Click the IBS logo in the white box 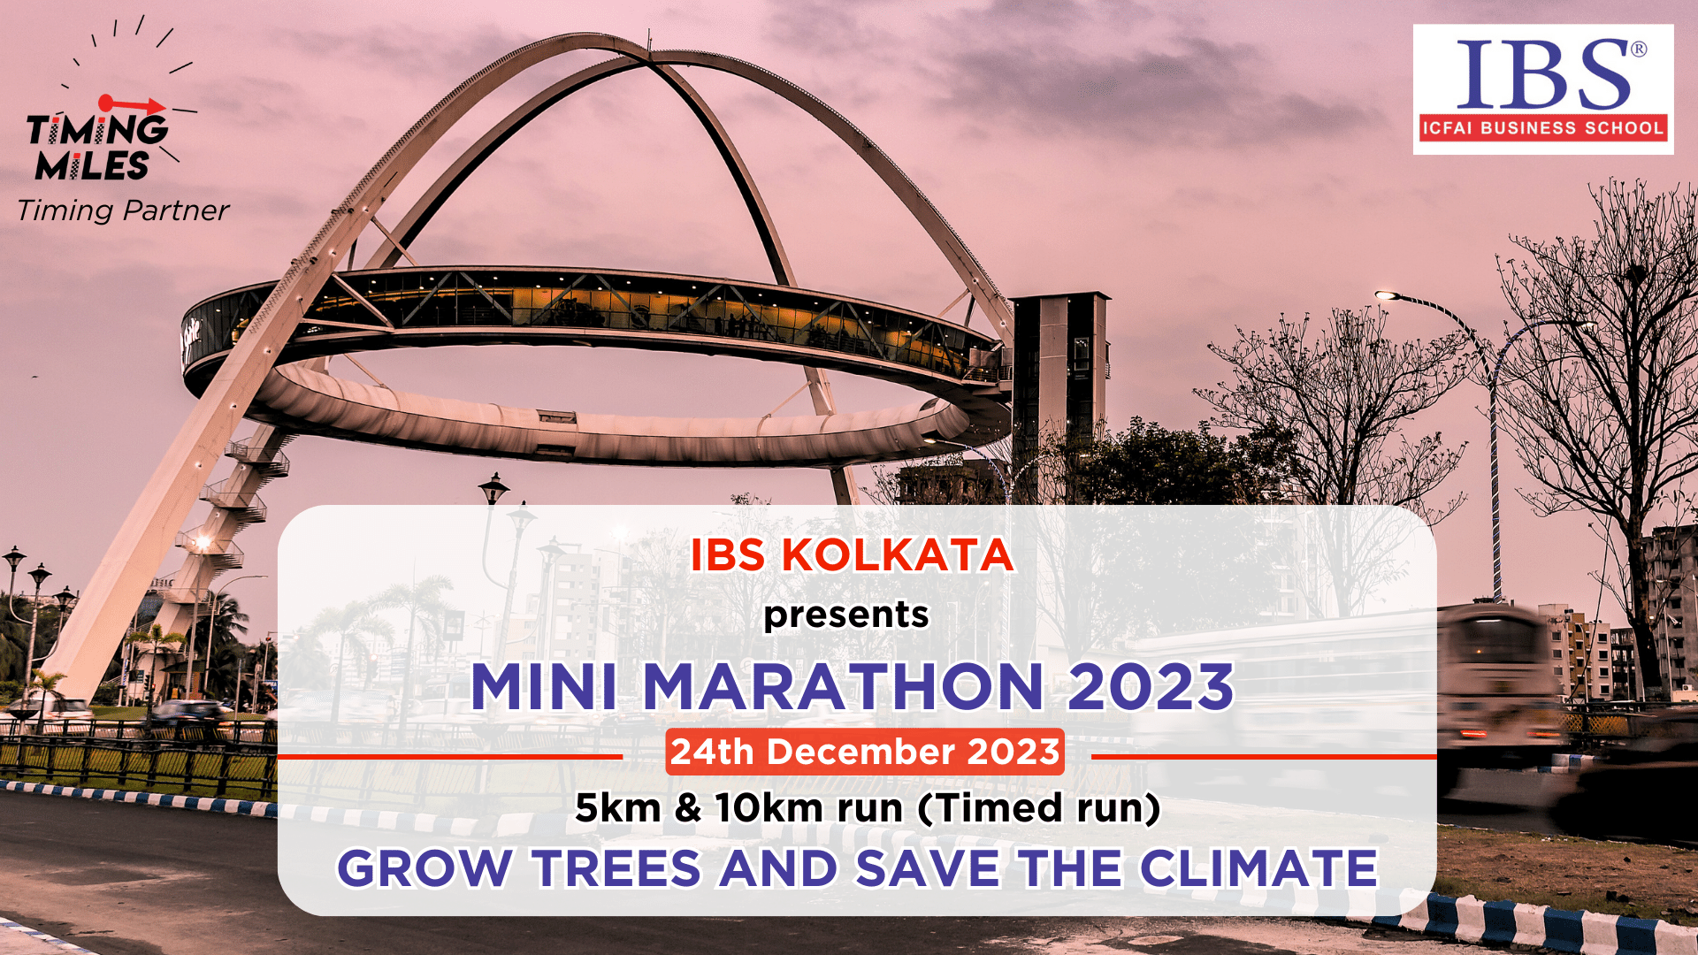point(1543,89)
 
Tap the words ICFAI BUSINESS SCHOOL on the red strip point(1543,128)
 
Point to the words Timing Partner point(123,210)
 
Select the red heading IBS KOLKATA point(851,555)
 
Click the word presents point(846,615)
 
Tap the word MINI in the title point(544,686)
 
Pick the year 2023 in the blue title point(1151,686)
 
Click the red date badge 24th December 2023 point(865,752)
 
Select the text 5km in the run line point(618,808)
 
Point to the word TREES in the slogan point(616,868)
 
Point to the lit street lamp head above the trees point(1386,295)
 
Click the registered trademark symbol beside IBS point(1638,50)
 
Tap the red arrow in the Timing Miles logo point(132,104)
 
